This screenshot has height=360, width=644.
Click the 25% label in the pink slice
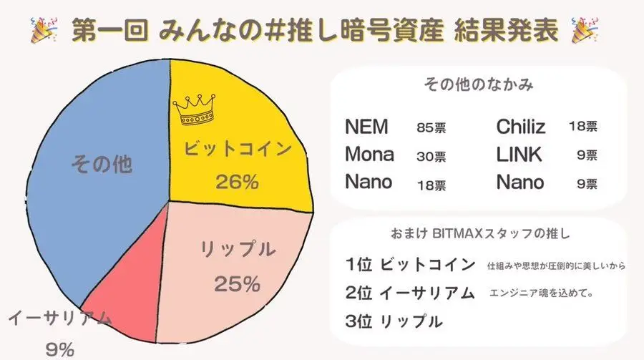point(237,284)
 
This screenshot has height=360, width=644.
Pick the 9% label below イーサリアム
point(60,349)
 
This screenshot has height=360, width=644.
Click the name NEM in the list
point(366,127)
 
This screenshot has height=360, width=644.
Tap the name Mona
point(369,155)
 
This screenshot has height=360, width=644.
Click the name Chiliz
point(521,128)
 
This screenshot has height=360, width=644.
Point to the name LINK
point(519,155)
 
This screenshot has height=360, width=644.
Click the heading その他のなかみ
point(478,84)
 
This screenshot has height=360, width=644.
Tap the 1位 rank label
point(358,265)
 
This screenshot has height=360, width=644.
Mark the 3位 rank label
point(358,321)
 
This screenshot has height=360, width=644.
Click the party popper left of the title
point(44,29)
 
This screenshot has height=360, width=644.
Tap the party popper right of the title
point(586,29)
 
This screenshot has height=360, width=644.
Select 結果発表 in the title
point(508,30)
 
